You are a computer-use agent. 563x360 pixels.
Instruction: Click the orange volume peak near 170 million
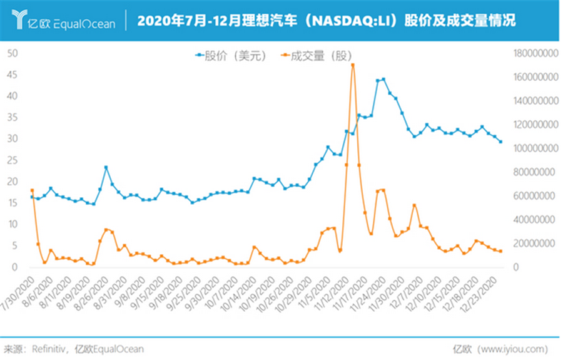(x=353, y=64)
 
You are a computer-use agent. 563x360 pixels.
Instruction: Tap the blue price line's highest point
(x=383, y=80)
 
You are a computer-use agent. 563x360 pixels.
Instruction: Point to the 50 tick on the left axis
(x=11, y=53)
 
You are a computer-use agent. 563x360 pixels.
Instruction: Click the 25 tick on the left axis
(x=11, y=160)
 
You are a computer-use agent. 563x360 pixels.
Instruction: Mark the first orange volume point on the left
(x=32, y=190)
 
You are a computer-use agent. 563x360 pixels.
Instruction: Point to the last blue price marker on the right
(x=500, y=141)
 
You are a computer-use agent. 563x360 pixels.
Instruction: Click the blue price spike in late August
(x=106, y=167)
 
